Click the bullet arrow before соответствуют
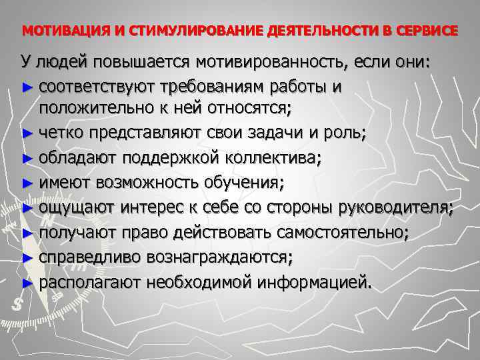(27, 87)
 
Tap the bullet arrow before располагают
(27, 283)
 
